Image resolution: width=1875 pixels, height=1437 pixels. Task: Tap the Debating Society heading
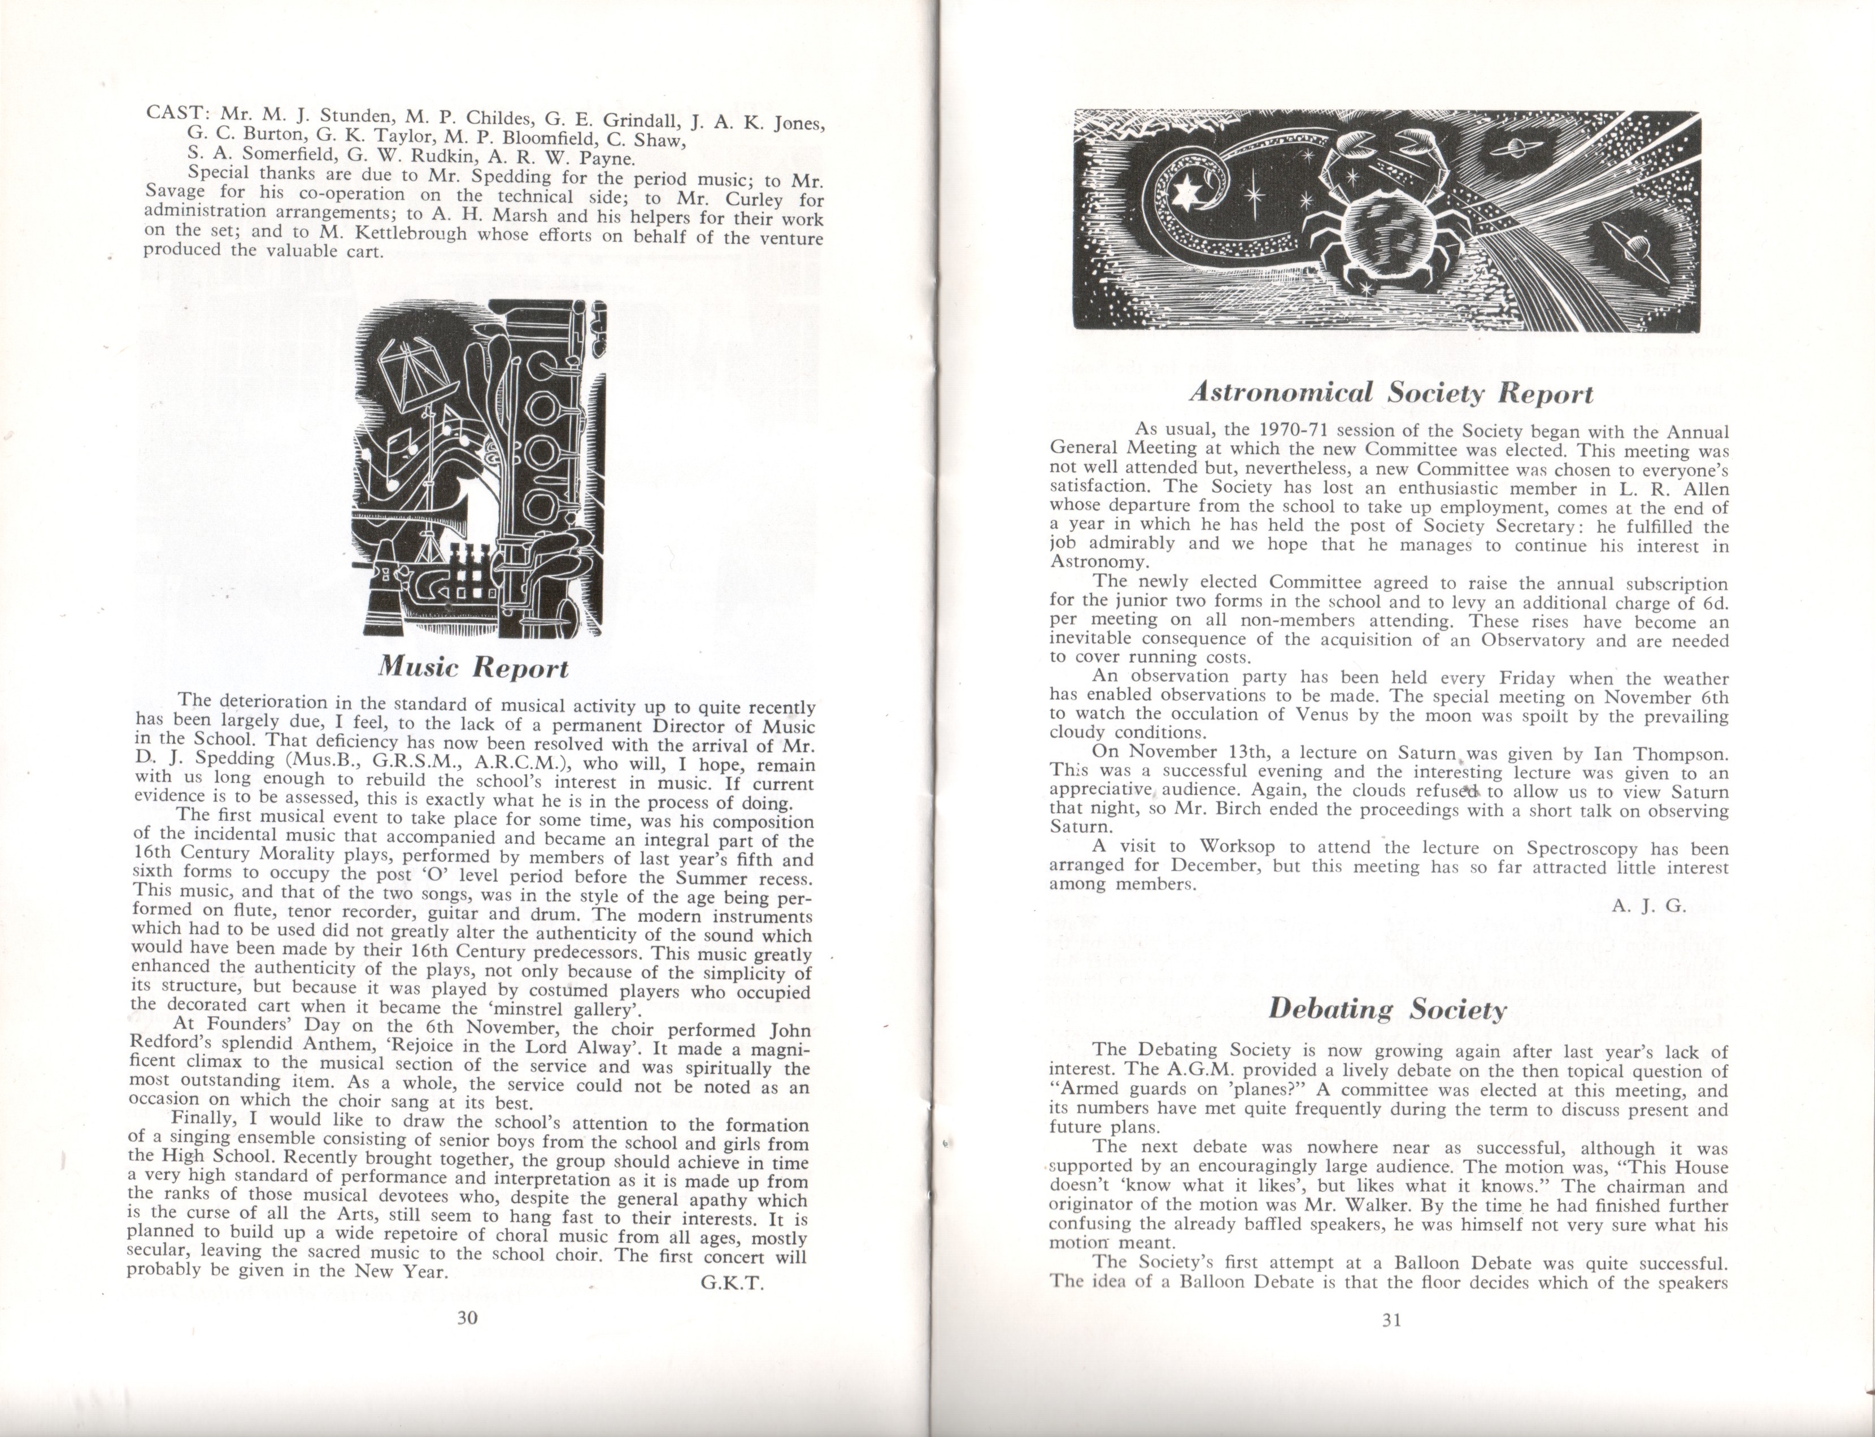(x=1386, y=1009)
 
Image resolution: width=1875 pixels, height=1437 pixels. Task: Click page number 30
(x=466, y=1317)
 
